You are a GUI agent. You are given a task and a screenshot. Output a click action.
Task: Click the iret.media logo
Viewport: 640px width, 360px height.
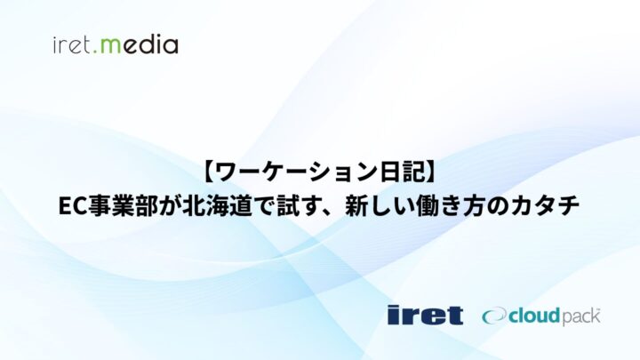(116, 44)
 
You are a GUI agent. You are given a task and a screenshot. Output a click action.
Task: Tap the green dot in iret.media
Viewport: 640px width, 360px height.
(95, 52)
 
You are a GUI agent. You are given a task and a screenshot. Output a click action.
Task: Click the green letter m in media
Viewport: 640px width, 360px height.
(110, 45)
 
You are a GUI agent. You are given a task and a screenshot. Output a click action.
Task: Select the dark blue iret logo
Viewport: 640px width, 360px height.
(425, 315)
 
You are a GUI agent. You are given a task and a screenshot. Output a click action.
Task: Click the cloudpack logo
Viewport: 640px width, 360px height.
(540, 316)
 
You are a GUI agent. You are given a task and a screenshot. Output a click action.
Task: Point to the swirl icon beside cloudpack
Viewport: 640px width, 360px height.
(495, 316)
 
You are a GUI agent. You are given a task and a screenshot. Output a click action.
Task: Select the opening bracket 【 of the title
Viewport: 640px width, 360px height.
(208, 172)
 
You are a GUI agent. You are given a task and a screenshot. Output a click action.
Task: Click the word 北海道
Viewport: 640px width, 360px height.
(217, 206)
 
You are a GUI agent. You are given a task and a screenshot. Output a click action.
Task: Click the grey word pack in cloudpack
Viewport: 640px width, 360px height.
(581, 317)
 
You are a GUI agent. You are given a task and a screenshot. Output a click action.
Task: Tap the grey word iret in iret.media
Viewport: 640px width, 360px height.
(72, 45)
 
